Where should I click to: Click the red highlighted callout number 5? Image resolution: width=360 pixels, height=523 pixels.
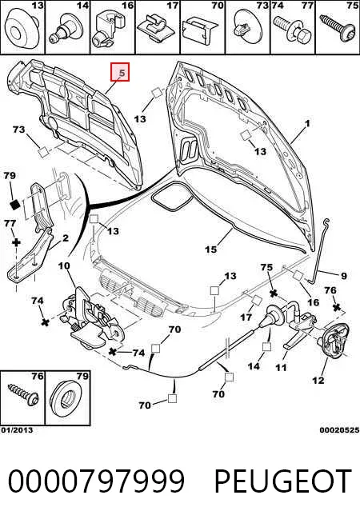point(120,72)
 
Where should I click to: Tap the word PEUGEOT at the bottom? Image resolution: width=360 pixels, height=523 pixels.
point(283,481)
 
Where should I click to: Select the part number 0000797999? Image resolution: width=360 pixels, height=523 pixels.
point(96,481)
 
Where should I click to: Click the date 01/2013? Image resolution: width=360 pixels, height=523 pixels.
point(17,430)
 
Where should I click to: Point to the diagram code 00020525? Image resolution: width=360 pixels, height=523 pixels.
point(339,430)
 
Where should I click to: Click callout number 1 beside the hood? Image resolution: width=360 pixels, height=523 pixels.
point(307,123)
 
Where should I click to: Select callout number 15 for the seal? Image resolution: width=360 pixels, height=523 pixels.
point(211,249)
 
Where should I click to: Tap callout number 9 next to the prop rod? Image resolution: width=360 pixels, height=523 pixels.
point(344,276)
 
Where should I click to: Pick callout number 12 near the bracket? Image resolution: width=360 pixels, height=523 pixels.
point(318,380)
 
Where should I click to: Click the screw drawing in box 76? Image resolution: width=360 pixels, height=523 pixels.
point(24,395)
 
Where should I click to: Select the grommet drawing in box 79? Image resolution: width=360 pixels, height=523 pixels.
point(66,401)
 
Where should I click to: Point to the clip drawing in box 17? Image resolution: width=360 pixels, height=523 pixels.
point(157,30)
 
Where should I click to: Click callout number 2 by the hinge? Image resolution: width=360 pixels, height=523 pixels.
point(66,238)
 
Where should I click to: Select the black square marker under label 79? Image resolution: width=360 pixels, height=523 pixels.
point(14,205)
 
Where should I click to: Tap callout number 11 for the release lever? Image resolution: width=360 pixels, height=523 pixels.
point(281,368)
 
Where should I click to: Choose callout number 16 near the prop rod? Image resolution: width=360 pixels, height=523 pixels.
point(313,301)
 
